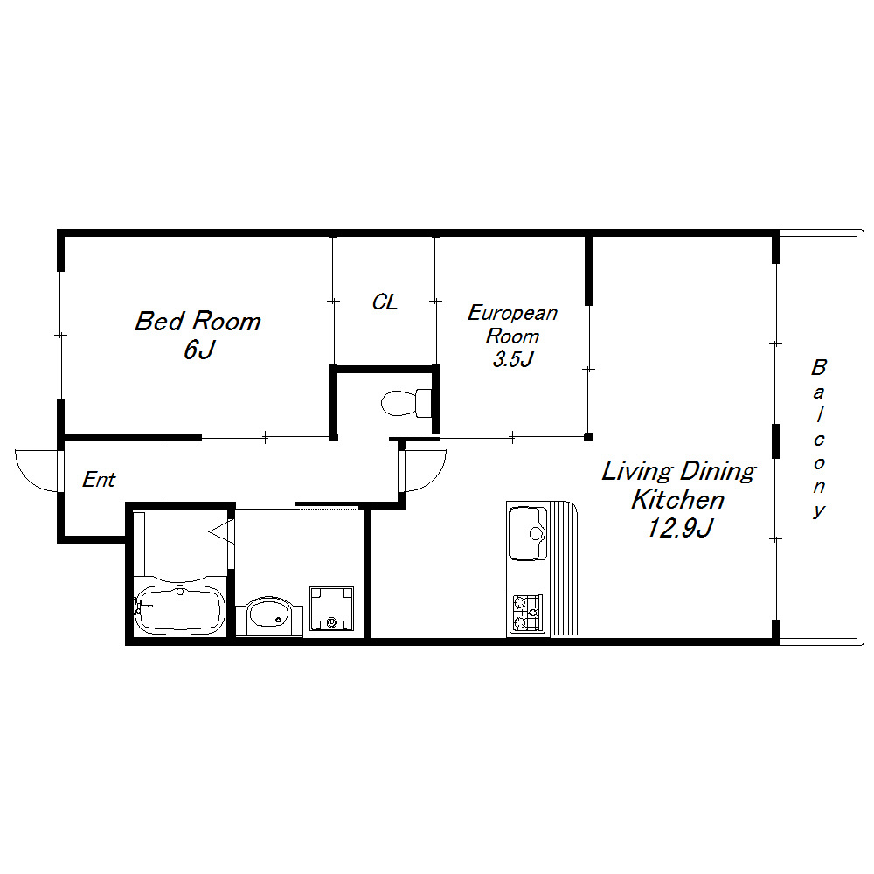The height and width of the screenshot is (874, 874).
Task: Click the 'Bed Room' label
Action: click(198, 322)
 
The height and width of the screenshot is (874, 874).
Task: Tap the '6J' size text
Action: click(199, 350)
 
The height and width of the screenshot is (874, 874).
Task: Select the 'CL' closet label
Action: click(385, 302)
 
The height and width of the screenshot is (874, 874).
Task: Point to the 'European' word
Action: click(512, 313)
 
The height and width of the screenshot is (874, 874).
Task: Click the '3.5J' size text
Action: click(513, 359)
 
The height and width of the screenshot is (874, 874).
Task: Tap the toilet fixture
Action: click(406, 402)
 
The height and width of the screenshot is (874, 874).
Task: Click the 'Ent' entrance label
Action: click(100, 479)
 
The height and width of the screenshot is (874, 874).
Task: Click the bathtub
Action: click(179, 609)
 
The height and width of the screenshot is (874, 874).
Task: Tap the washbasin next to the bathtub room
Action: click(268, 616)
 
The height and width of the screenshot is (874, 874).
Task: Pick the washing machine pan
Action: click(331, 608)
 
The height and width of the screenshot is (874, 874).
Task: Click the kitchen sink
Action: click(528, 532)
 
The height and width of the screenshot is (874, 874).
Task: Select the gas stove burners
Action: click(527, 614)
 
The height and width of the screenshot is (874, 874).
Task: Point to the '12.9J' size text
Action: click(679, 527)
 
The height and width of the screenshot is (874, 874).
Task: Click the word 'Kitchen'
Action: click(678, 499)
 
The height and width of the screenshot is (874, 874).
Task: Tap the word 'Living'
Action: click(638, 472)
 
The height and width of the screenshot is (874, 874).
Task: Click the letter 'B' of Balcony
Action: click(818, 367)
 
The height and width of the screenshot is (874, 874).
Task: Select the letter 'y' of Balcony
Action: click(818, 510)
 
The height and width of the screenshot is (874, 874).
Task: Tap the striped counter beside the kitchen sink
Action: click(564, 569)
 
